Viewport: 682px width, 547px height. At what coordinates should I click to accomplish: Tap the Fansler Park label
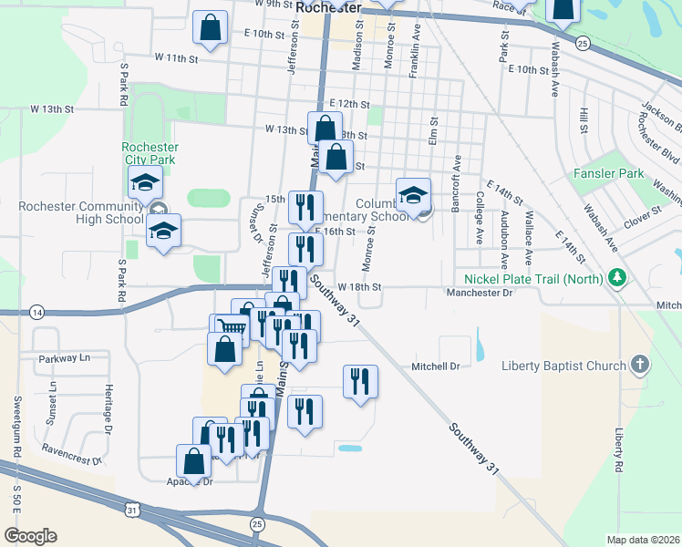click(609, 173)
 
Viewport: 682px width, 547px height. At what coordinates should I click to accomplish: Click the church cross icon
click(640, 366)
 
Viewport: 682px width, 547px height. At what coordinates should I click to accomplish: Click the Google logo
click(30, 536)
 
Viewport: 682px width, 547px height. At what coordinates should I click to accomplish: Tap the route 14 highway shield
click(36, 312)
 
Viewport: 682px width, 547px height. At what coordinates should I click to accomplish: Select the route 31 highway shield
click(134, 509)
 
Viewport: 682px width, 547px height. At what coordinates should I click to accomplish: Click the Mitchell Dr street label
click(434, 366)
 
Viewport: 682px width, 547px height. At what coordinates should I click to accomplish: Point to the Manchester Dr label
click(480, 293)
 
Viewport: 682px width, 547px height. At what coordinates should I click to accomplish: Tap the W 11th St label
click(176, 57)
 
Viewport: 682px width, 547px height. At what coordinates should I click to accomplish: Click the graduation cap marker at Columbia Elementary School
click(413, 194)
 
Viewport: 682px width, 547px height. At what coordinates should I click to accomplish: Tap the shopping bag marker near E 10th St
click(210, 28)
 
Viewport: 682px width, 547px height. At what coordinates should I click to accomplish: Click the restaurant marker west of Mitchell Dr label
click(360, 381)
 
